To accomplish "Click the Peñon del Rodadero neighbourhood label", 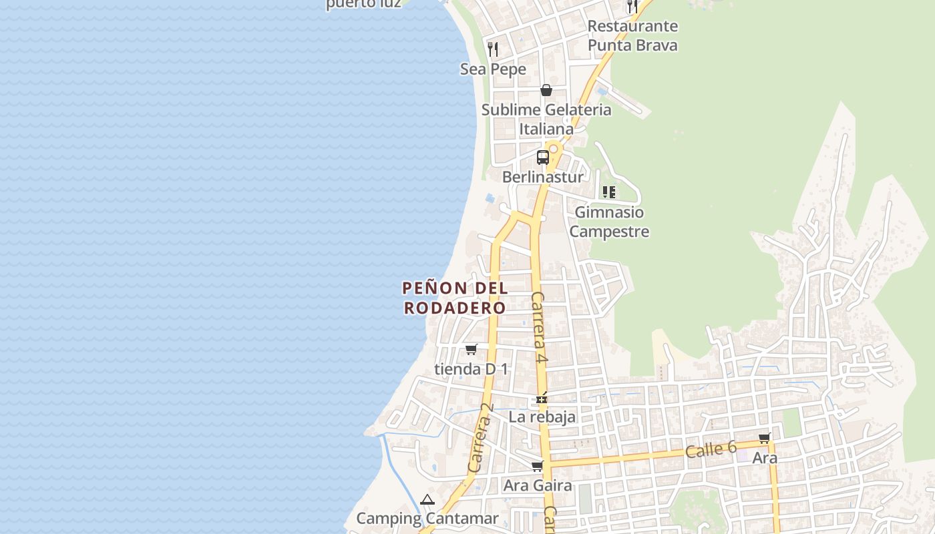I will pos(455,298).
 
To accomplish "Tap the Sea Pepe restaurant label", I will pos(493,69).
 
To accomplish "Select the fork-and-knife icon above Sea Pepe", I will pos(493,49).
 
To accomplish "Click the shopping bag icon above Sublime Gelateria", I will pos(546,90).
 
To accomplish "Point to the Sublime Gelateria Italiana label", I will pos(546,119).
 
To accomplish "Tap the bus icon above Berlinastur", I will pos(543,158).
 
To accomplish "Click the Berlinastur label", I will pos(542,177).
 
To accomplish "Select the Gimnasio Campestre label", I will pos(609,222).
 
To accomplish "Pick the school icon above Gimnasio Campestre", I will pos(609,192).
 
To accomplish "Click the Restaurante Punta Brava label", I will pos(632,35).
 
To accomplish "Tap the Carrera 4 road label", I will pos(540,328).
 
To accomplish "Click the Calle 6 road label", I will pos(711,449).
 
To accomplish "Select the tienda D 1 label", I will pos(471,368).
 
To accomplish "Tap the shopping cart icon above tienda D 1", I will pos(472,349).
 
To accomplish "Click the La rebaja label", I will pos(542,417).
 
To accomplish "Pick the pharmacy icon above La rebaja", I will pos(542,398).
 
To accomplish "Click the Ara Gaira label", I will pos(538,485).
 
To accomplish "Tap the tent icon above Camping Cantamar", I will pos(427,499).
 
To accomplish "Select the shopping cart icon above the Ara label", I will pos(765,439).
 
